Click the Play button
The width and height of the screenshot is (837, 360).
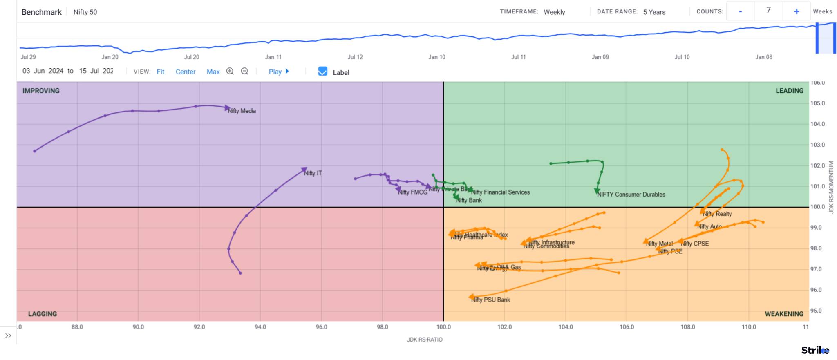278,72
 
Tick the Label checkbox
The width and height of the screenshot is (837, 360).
322,72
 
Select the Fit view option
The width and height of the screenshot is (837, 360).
160,72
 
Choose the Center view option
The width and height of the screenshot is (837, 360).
186,72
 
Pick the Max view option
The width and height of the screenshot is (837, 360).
213,72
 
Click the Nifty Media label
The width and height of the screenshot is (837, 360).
242,111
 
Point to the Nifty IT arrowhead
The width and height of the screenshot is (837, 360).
304,170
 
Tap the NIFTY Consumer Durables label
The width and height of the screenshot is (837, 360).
631,195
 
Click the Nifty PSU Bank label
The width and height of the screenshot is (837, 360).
491,300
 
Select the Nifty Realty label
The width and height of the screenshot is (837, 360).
717,214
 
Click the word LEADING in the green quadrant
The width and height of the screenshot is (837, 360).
789,91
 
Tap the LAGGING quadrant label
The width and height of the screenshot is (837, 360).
43,314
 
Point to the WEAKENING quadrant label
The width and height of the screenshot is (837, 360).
784,314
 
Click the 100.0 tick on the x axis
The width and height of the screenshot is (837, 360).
443,327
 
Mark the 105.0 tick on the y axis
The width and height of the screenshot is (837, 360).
817,103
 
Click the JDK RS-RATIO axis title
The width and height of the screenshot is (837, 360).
424,340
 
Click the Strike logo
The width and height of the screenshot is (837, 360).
815,350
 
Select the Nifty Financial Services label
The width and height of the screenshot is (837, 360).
501,192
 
